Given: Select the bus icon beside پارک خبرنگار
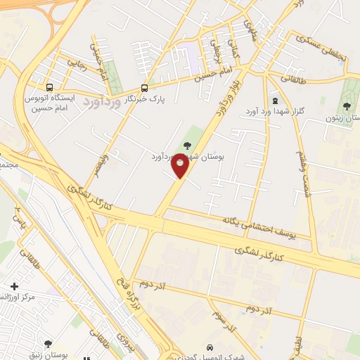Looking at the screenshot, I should click(x=144, y=88).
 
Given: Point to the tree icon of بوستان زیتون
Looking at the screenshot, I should click(x=346, y=107).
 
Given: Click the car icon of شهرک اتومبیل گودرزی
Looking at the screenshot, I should click(x=209, y=347).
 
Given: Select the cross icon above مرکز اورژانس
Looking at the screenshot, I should click(x=14, y=286).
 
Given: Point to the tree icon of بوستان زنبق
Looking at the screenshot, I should click(x=48, y=344).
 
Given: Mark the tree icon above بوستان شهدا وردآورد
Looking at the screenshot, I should click(x=186, y=145).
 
